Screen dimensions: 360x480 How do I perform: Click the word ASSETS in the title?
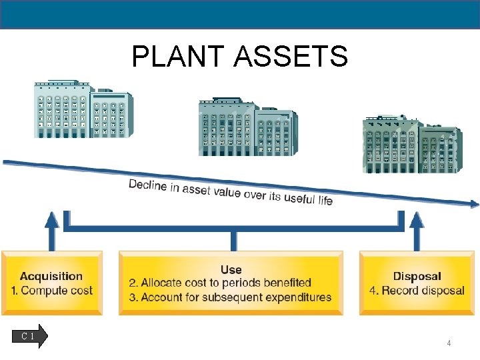[291, 57]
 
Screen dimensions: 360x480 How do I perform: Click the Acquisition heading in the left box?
[51, 276]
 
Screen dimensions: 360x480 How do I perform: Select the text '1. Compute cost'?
[51, 291]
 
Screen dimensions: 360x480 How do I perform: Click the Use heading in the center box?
[231, 269]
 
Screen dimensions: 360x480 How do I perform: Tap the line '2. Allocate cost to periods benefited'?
[220, 283]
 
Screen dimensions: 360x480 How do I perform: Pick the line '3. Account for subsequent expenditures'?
[230, 297]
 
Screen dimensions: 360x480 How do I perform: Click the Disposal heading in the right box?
[417, 276]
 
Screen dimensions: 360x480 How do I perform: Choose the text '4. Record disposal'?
[417, 291]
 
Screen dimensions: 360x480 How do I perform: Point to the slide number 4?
[449, 343]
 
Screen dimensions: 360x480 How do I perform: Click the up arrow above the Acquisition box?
[51, 230]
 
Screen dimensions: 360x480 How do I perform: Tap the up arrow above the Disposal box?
[416, 230]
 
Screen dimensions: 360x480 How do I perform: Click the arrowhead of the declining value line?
[473, 203]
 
